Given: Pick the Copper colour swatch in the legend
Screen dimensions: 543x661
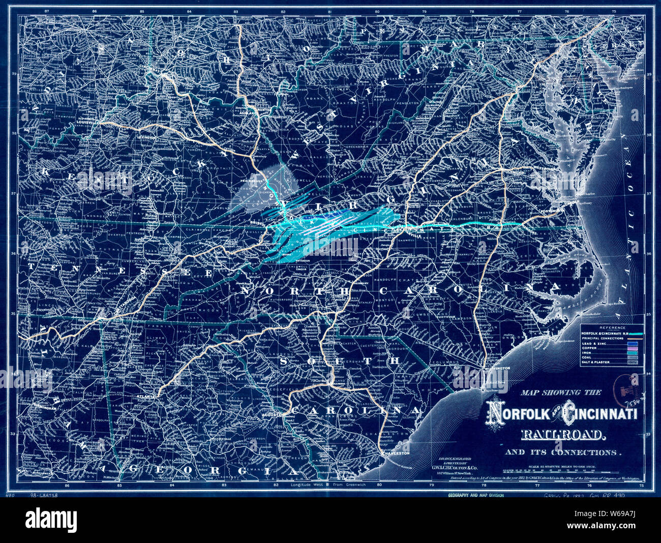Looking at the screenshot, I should click(635, 348).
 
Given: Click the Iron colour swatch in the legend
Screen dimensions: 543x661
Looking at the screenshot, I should click(635, 353).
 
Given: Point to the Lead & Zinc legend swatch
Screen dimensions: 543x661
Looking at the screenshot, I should click(635, 344).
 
